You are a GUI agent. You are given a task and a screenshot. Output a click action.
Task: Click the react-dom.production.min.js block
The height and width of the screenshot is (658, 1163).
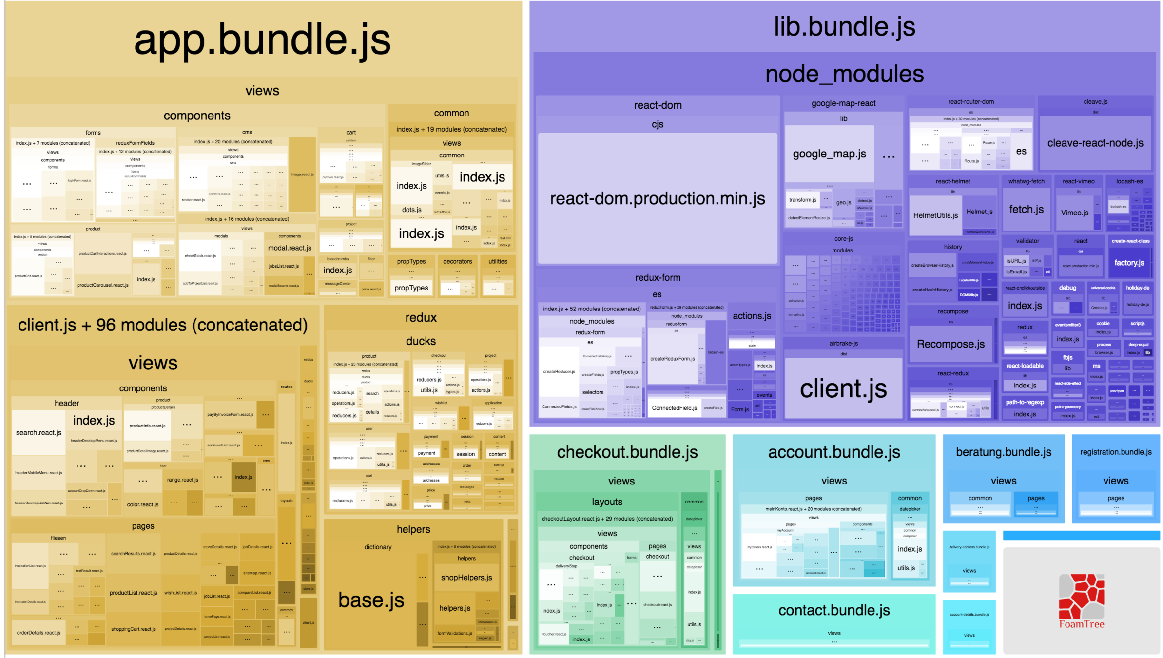657,199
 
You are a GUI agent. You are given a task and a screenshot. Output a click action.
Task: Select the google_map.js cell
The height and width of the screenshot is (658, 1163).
829,154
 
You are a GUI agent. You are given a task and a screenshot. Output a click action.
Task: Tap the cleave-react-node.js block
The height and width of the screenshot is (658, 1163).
1095,143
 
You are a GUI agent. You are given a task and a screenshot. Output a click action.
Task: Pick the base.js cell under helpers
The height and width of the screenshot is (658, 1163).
371,600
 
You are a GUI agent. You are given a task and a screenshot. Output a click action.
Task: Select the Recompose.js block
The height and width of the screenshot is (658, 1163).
950,344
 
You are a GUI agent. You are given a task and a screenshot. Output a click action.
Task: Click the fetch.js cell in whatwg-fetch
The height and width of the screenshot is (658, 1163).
1026,210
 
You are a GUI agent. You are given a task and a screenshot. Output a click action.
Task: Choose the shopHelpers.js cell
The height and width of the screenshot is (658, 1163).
466,578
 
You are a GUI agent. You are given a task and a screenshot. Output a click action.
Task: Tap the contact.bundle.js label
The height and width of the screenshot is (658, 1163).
833,610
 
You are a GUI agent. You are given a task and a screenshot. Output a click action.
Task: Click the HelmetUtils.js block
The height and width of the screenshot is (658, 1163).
935,215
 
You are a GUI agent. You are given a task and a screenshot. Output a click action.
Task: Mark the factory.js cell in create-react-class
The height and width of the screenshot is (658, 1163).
1129,263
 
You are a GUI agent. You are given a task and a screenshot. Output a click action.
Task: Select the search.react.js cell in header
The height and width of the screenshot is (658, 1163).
39,433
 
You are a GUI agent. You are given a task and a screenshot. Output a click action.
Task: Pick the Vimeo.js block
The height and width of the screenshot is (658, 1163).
1074,213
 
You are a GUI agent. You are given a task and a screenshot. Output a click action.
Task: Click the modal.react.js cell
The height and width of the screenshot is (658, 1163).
290,248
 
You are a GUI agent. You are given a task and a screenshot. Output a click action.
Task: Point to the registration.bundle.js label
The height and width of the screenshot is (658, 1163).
1116,452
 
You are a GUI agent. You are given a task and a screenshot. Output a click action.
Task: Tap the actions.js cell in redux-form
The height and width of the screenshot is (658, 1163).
752,316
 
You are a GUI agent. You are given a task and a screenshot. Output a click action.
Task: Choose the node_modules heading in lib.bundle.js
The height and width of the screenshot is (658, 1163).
844,74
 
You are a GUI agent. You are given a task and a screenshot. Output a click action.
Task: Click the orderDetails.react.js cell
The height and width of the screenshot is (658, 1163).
39,633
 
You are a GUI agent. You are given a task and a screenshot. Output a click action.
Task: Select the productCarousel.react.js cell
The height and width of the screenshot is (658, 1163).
102,285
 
